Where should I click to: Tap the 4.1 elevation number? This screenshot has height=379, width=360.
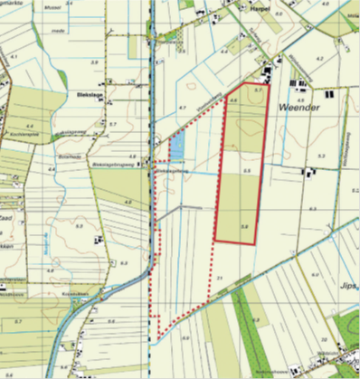14,56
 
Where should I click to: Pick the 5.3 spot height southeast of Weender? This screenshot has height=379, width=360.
320,156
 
